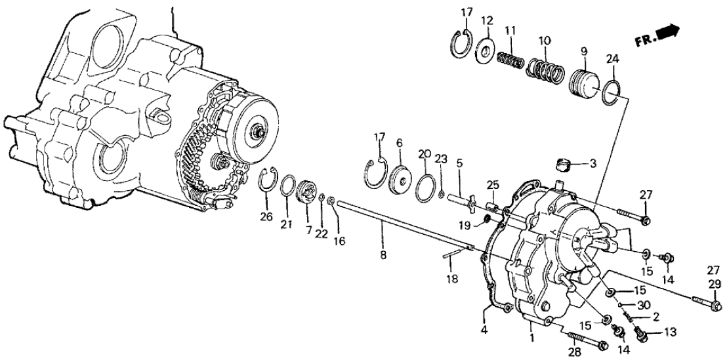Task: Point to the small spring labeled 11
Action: point(511,62)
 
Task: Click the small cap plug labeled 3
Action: point(562,162)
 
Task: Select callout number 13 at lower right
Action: point(670,333)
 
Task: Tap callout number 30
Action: point(645,305)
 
